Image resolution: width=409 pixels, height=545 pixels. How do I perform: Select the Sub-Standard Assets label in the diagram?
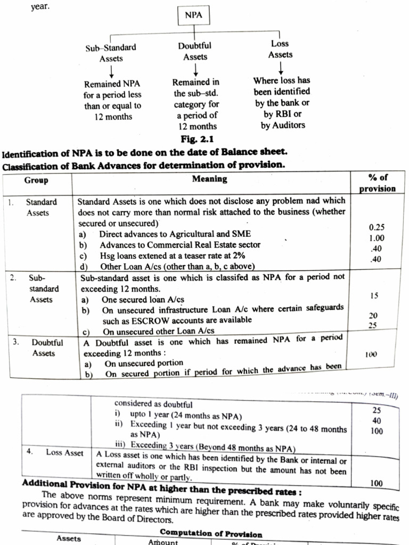(x=111, y=53)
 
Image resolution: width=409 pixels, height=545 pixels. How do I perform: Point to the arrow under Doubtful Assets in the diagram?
(x=195, y=69)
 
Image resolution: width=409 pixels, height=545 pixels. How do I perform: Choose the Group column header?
(x=36, y=180)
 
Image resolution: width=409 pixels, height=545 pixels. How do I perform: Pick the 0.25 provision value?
(x=377, y=227)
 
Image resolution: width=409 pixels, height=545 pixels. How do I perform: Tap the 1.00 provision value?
(x=377, y=238)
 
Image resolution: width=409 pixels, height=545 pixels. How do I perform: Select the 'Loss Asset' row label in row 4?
(x=64, y=452)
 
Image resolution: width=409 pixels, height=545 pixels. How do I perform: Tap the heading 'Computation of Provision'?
(x=211, y=533)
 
